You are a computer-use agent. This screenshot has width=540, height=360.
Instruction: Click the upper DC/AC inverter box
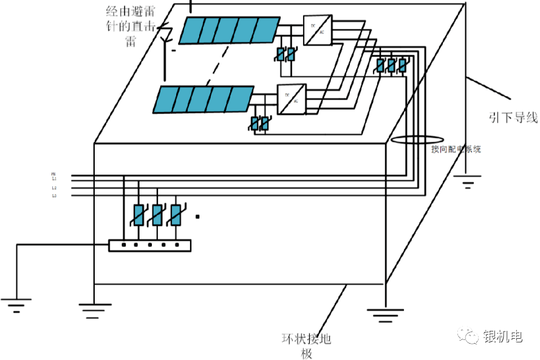click(x=318, y=30)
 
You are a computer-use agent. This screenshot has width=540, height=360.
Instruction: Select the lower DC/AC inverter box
click(x=292, y=99)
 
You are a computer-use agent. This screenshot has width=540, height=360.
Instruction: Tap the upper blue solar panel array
click(x=230, y=30)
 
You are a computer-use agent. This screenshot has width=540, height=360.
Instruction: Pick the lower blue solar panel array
click(x=203, y=100)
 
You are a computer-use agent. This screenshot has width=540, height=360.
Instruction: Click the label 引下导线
click(x=513, y=117)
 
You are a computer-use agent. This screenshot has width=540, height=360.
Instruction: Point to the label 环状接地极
click(x=306, y=345)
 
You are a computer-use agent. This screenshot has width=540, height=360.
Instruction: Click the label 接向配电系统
click(x=456, y=149)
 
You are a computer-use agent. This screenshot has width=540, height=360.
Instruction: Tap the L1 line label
click(x=54, y=179)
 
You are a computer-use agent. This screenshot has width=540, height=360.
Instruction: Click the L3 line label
click(x=54, y=195)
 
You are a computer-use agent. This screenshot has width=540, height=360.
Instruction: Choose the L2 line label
click(x=54, y=188)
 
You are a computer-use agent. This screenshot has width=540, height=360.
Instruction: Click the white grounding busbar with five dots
click(x=149, y=245)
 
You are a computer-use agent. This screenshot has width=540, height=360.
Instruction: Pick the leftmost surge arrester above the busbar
click(x=138, y=214)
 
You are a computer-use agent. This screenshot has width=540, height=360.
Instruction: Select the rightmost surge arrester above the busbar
click(x=176, y=214)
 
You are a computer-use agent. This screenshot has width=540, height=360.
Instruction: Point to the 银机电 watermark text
click(x=502, y=337)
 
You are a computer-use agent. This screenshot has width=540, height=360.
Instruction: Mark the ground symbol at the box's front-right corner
click(x=384, y=313)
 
